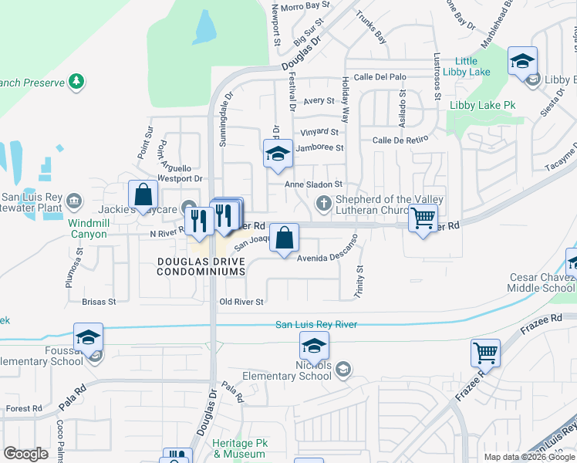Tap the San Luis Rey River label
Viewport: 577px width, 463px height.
pyautogui.click(x=316, y=325)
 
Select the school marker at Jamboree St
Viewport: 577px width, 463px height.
pyautogui.click(x=278, y=154)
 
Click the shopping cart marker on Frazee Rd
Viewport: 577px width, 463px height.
pyautogui.click(x=485, y=353)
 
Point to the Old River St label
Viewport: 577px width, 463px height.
pyautogui.click(x=241, y=302)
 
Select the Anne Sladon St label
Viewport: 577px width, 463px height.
pyautogui.click(x=313, y=184)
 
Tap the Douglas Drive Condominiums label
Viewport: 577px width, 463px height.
pyautogui.click(x=201, y=267)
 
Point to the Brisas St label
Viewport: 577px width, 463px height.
pyautogui.click(x=98, y=302)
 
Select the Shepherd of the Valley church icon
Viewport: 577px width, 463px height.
pyautogui.click(x=324, y=204)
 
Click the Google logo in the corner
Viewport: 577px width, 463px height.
pyautogui.click(x=25, y=454)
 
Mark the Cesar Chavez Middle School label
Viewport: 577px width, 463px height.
pyautogui.click(x=542, y=282)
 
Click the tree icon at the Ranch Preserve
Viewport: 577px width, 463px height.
pyautogui.click(x=76, y=80)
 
